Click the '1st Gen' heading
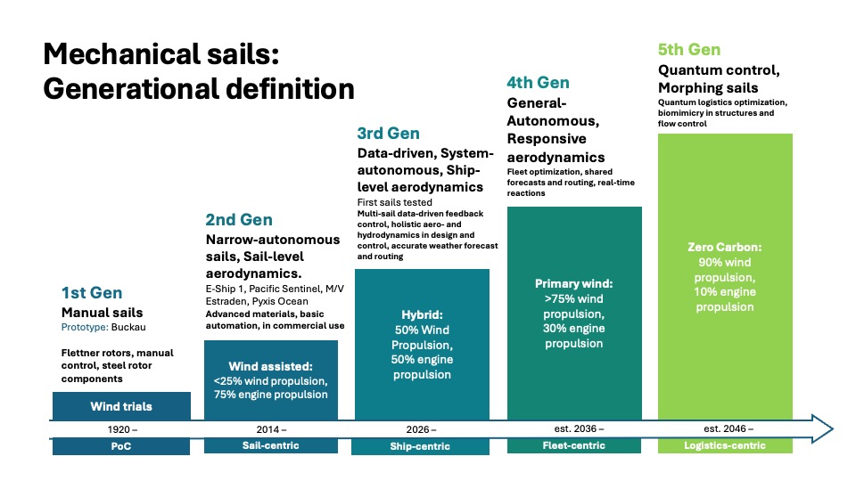coord(92,293)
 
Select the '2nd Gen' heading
coord(239,220)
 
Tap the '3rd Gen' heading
coord(388,133)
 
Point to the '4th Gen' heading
coord(538,82)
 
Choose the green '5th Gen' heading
coord(689,50)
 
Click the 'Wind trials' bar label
coord(121,406)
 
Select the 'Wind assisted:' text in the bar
coord(270,366)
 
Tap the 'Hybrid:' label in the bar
coord(422,314)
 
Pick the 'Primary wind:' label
coord(573,283)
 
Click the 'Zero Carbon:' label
coord(724,247)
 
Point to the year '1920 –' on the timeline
coord(122,429)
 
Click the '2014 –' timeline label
coord(271,429)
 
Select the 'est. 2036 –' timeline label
coord(579,428)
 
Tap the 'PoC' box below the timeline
coord(121,446)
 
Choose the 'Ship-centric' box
coord(420,446)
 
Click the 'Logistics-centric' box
coord(725,445)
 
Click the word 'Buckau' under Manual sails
coord(128,327)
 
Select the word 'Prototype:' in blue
coord(85,327)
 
